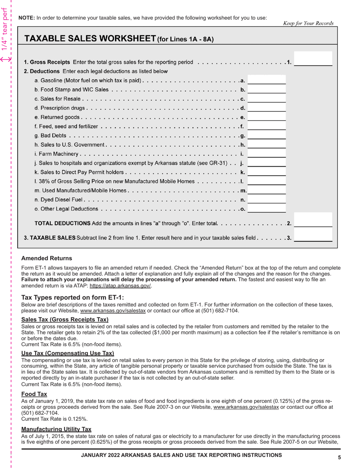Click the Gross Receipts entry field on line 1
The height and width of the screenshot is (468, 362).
tap(313, 59)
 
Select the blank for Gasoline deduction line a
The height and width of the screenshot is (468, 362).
tap(266, 80)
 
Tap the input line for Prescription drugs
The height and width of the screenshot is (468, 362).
tap(266, 108)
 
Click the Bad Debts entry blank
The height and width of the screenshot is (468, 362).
tap(266, 135)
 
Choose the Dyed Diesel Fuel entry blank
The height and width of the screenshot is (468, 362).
tap(266, 199)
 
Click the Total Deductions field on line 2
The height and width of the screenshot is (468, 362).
tap(313, 220)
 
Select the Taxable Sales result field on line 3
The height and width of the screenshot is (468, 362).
tap(313, 235)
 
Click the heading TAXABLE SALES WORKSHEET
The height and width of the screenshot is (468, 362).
tap(90, 39)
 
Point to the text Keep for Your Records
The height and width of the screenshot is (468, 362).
tap(308, 23)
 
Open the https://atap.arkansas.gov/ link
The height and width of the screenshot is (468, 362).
tap(120, 286)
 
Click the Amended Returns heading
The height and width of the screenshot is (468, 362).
tap(46, 258)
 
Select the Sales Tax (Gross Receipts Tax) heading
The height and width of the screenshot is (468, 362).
tap(65, 320)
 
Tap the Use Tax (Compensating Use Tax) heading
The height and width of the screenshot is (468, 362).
tap(67, 353)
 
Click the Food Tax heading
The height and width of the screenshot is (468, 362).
tap(34, 394)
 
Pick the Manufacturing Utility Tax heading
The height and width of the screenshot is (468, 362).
tap(56, 429)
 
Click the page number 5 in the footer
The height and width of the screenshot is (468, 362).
tap(339, 458)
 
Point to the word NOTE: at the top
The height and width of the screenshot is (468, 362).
tap(26, 18)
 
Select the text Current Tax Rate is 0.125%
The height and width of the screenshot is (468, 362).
tap(54, 419)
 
